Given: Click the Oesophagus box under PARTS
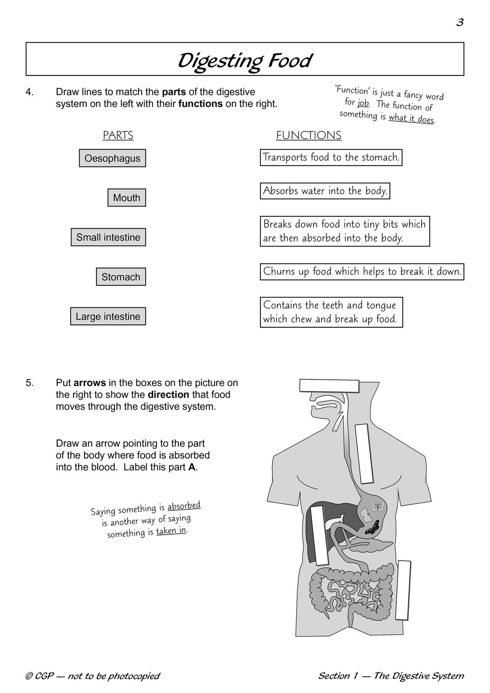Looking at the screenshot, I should (x=112, y=158).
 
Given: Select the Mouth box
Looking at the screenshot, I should (x=127, y=198).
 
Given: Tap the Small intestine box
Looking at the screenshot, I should (x=108, y=237).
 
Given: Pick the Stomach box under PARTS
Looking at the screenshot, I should (x=121, y=277).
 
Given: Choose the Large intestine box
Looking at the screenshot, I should (x=108, y=316).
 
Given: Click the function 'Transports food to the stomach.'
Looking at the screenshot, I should (x=331, y=157).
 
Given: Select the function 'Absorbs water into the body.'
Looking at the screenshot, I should (x=325, y=191).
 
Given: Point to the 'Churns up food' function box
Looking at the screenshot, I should (x=362, y=271).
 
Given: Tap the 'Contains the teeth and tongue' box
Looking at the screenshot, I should (x=331, y=312).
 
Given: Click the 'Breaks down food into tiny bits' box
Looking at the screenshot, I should (x=345, y=231).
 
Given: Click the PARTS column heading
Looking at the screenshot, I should (x=118, y=135).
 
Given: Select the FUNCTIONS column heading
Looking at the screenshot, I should (x=309, y=135).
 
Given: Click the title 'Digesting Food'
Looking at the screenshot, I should (x=245, y=60).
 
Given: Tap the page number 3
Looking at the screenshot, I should (x=460, y=22).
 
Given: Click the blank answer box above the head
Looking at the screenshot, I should (x=329, y=385).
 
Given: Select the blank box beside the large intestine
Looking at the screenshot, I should (x=405, y=590).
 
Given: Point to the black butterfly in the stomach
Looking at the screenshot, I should (x=372, y=529).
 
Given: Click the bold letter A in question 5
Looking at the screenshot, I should (x=192, y=467).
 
